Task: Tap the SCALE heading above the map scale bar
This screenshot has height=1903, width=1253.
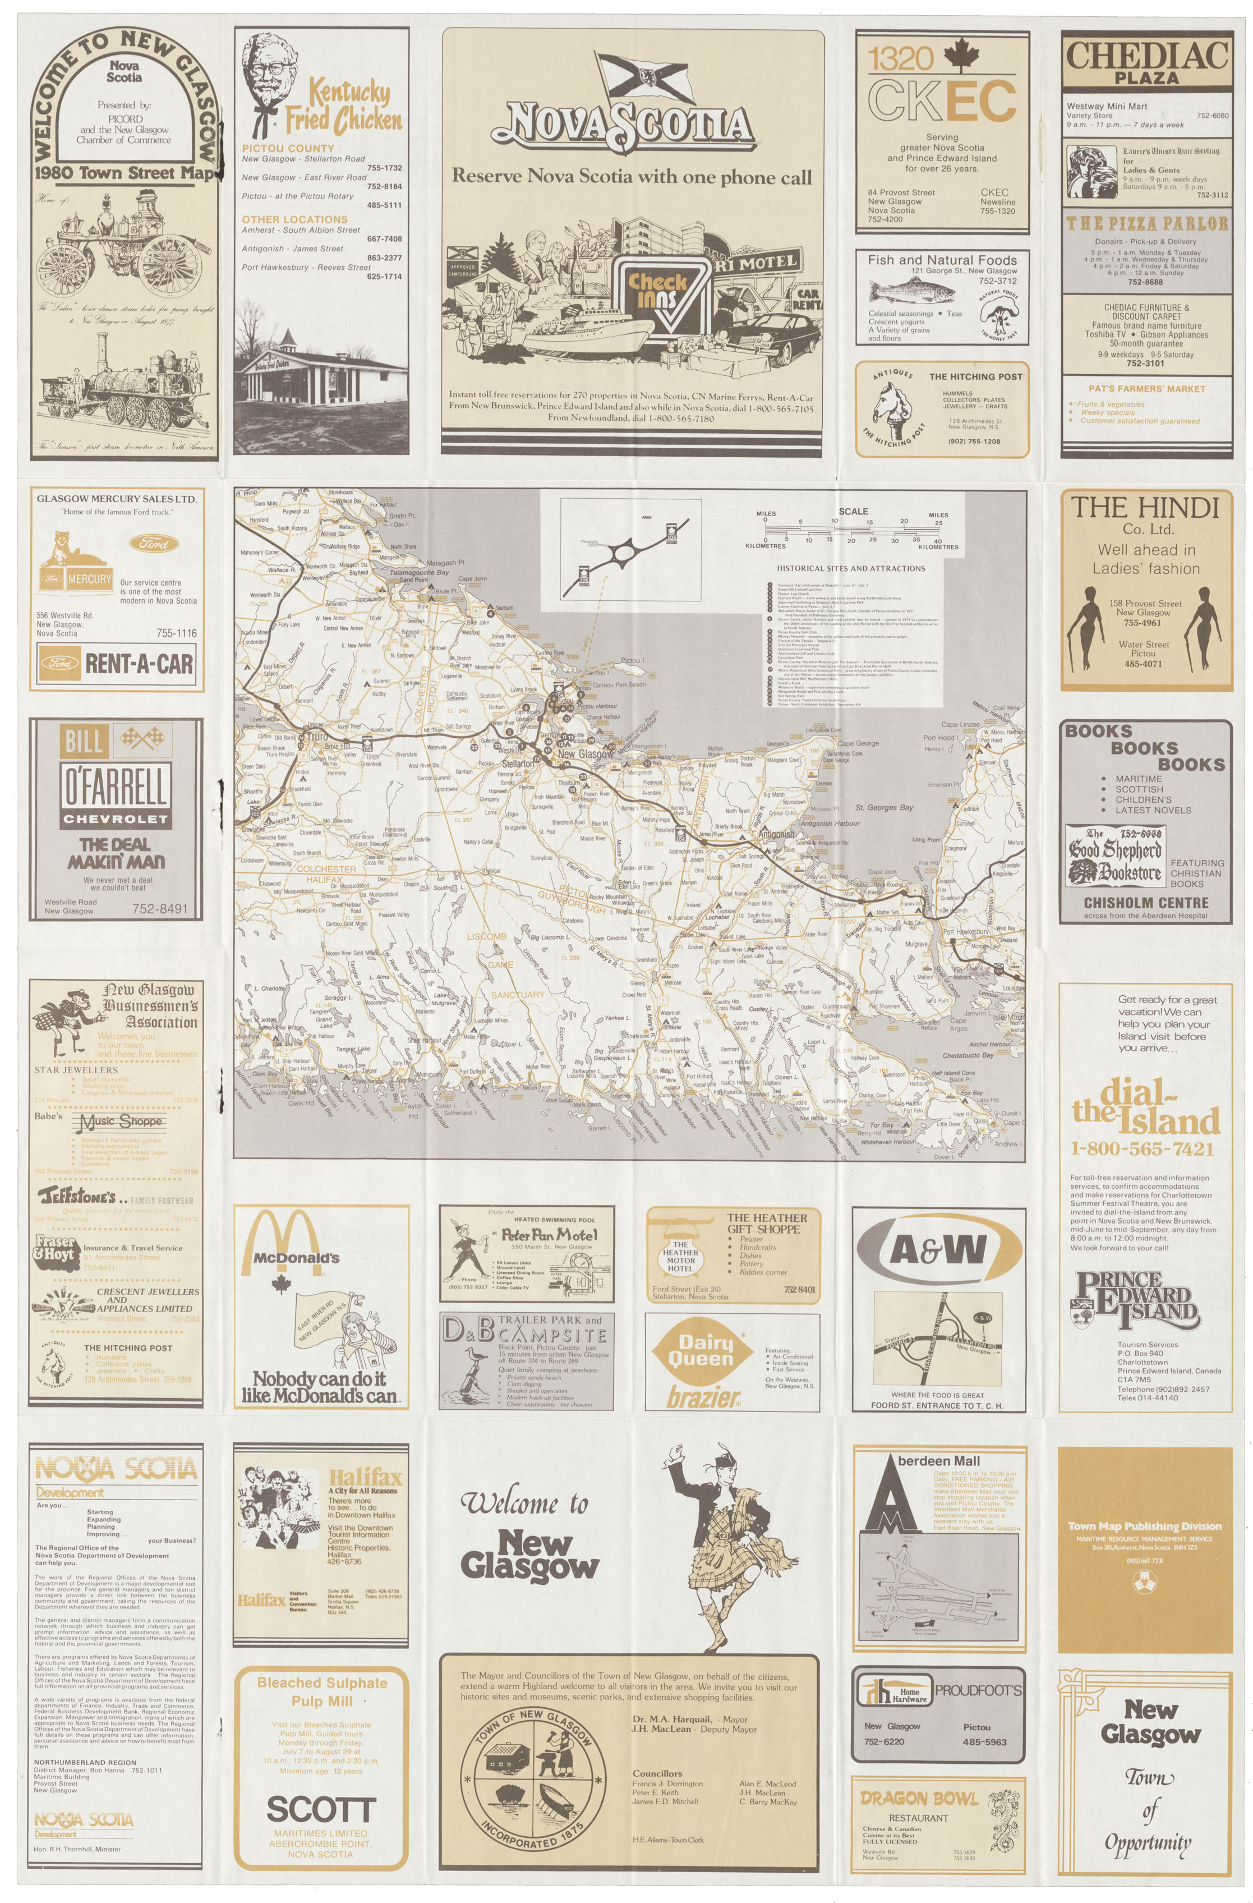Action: [x=853, y=512]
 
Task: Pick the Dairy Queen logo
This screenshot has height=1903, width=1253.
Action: [x=701, y=1352]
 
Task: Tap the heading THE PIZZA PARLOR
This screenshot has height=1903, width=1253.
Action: [x=1145, y=224]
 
